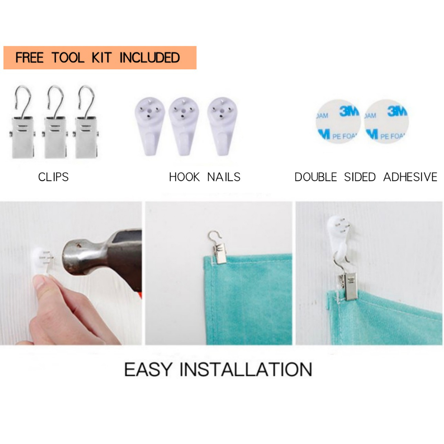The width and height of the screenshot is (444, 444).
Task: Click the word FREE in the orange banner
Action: point(29,58)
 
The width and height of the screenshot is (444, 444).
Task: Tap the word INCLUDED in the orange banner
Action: point(150,58)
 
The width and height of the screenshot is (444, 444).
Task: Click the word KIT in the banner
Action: point(101,58)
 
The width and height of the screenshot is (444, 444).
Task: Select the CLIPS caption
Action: point(53,177)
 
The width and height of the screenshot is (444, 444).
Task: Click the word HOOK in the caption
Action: point(184,177)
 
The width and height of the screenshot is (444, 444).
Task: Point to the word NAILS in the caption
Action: point(224,177)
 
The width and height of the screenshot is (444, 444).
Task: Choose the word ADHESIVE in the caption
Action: point(410,177)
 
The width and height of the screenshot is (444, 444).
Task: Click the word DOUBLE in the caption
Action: point(316,177)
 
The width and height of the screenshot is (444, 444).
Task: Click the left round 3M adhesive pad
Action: point(338,121)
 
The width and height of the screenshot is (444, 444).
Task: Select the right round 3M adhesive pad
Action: point(386,121)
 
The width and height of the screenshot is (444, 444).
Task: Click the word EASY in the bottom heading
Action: point(148,369)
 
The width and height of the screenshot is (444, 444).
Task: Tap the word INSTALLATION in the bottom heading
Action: point(246,369)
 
